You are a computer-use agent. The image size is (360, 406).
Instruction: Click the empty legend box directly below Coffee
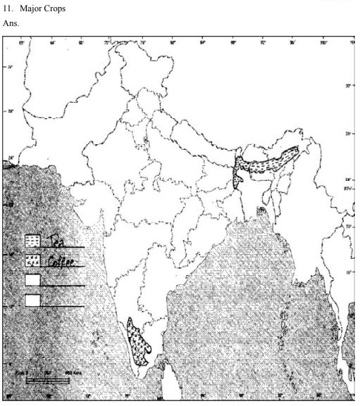click(32, 281)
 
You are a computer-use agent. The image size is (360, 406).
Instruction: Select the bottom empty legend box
click(32, 300)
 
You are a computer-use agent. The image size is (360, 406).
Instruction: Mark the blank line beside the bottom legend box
click(63, 306)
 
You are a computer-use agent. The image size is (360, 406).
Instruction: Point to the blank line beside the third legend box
click(63, 286)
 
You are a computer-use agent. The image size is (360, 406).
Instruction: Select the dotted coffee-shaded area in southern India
click(139, 341)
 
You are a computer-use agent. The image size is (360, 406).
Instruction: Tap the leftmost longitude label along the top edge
click(21, 43)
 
